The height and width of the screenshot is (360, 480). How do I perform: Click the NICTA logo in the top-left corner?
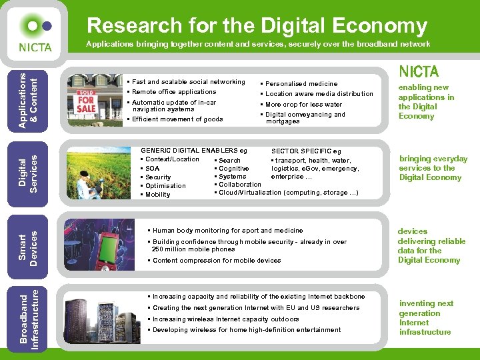click(x=34, y=35)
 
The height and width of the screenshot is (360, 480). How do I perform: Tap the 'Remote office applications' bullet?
click(x=174, y=92)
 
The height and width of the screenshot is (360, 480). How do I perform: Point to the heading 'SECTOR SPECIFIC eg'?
click(x=306, y=151)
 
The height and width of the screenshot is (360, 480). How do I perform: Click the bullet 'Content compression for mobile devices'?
click(x=217, y=261)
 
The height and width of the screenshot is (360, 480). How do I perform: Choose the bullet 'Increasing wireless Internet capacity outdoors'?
click(x=225, y=319)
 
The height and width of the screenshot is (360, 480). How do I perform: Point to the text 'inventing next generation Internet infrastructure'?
click(x=426, y=317)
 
